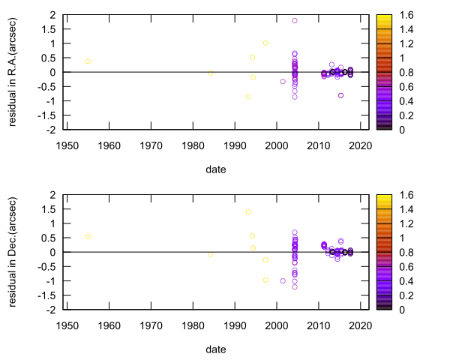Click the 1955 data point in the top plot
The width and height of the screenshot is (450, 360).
coord(88,61)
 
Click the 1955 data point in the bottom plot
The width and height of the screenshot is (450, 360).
coord(88,236)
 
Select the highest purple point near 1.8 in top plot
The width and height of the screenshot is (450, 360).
coord(295,21)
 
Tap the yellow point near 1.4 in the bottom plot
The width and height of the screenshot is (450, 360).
coord(248,211)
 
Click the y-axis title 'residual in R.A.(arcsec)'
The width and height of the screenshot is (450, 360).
coord(13,72)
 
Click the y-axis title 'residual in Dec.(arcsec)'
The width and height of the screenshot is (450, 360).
coord(13,252)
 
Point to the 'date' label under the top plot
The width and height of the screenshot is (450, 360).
coord(216,169)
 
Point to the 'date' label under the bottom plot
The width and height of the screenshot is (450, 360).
coord(216,349)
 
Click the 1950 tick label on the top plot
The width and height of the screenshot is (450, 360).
coord(67,145)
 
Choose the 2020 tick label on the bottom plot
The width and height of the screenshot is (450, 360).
coord(361,325)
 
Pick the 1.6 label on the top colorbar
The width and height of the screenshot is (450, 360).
coord(406,15)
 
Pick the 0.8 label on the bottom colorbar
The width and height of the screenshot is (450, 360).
coord(406,252)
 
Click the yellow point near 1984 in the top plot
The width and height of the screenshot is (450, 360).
coord(211,73)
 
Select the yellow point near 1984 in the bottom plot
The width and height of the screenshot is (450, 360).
coord(211,254)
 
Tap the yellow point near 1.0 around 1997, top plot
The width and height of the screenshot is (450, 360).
coord(265,43)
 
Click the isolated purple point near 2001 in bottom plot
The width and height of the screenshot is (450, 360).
coord(283,280)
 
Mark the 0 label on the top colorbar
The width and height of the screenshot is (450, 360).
coord(401,130)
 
